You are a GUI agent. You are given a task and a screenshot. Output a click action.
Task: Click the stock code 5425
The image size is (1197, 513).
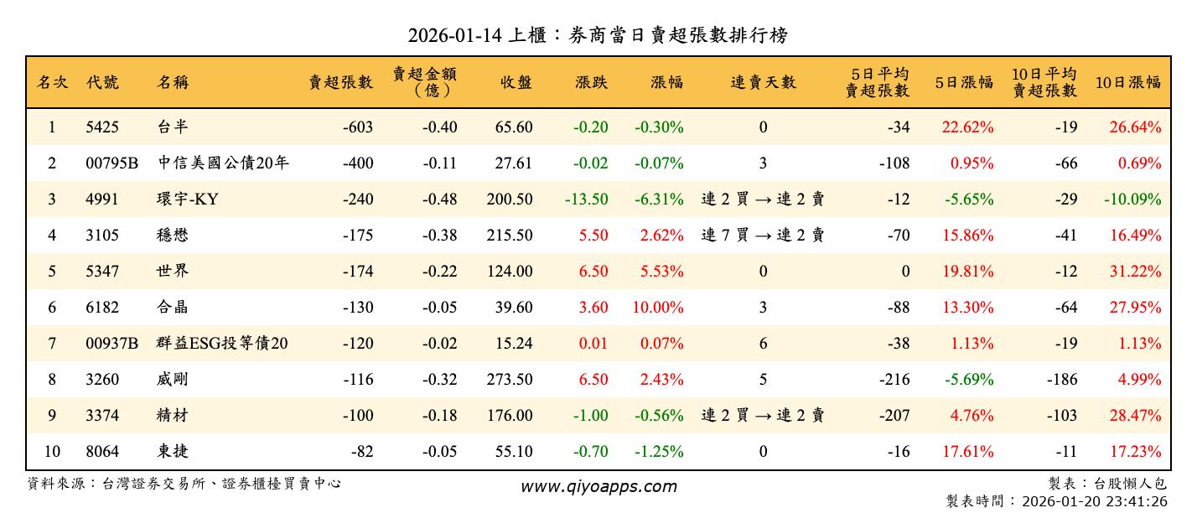tap(102, 127)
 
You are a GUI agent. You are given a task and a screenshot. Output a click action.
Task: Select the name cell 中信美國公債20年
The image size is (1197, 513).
tap(223, 163)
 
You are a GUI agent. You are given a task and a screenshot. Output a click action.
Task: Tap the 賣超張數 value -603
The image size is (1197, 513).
tap(358, 127)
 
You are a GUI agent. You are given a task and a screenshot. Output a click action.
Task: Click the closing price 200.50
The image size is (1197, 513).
tap(509, 199)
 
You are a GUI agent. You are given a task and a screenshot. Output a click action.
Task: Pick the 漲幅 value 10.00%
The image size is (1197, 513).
tap(658, 308)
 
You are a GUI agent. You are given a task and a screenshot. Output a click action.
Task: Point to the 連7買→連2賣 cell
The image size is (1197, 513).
tap(763, 236)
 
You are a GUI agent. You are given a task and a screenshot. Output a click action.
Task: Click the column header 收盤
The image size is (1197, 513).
tap(516, 82)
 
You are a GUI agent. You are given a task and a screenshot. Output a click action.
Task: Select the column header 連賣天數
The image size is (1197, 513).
tap(763, 82)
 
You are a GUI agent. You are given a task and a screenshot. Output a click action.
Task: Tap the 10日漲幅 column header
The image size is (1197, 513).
tap(1128, 82)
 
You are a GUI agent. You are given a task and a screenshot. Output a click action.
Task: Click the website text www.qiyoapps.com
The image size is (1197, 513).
tap(598, 486)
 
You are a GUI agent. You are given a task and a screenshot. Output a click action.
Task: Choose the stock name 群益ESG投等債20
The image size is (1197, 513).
tap(223, 344)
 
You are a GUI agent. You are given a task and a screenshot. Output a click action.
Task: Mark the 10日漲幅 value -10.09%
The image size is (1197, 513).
tap(1132, 199)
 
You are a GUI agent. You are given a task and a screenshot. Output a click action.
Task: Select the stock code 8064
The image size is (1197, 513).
tap(102, 452)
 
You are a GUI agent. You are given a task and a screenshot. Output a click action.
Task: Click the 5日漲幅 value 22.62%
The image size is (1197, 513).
tap(968, 127)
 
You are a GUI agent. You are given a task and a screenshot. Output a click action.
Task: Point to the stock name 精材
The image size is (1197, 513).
tap(173, 416)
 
